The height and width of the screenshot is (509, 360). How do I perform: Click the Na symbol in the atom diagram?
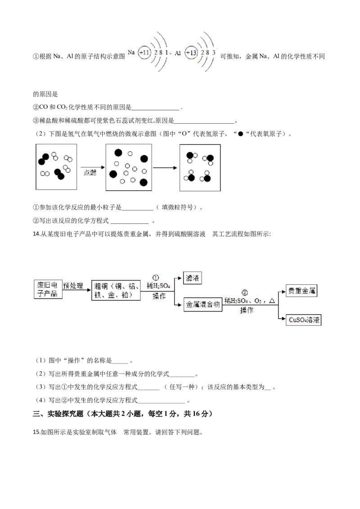point(131,53)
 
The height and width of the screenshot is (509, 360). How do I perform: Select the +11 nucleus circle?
point(144,53)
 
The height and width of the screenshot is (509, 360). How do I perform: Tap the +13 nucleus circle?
point(191,53)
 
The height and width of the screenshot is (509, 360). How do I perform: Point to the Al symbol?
point(178,53)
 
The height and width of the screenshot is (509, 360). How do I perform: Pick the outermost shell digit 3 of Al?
point(214,53)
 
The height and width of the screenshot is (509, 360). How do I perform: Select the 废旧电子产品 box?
point(48,290)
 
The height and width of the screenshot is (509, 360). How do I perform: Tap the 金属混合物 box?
point(203,304)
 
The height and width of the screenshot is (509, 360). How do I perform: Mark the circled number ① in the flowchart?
point(156,278)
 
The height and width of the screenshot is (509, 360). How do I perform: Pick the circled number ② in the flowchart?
point(245,294)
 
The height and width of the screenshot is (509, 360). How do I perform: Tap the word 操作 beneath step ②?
point(247,310)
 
